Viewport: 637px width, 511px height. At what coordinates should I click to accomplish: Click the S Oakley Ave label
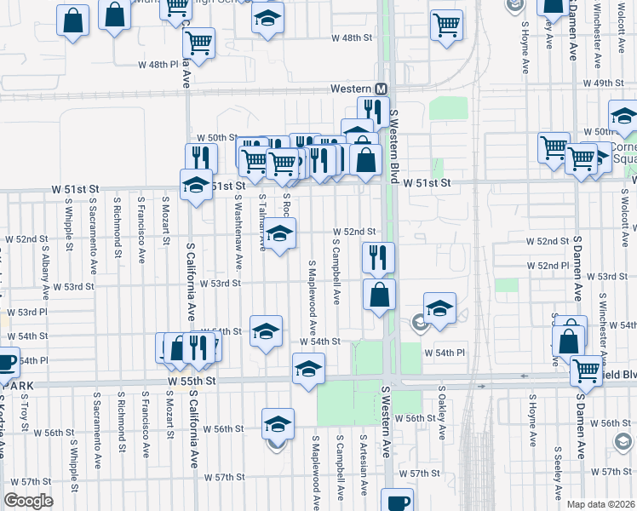point(442,413)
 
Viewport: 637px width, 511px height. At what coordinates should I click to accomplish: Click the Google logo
point(29,501)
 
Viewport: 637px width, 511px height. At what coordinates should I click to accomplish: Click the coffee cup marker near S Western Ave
point(397,501)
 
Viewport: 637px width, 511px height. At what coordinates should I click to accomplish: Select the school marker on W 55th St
point(308,369)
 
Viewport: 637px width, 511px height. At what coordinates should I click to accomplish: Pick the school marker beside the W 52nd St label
point(279,232)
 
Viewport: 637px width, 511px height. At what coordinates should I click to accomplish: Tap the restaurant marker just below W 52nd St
point(378,256)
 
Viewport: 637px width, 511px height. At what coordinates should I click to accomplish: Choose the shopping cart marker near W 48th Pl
point(198,42)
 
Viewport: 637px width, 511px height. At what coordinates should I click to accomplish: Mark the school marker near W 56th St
point(278,423)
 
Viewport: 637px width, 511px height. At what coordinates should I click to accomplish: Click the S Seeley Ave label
point(558,473)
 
